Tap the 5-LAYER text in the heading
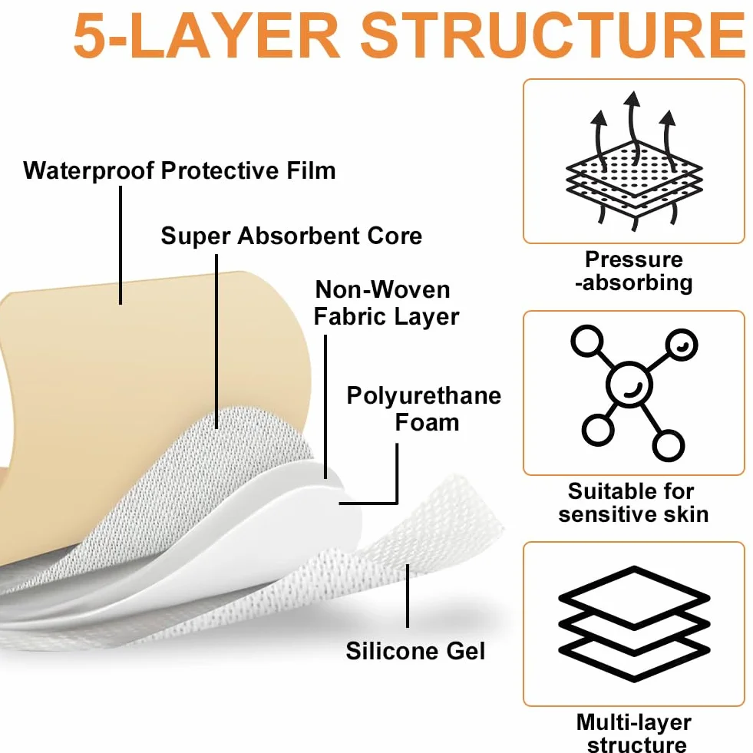206,35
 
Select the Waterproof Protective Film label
180,170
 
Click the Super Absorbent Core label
292,236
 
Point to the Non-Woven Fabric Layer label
386,303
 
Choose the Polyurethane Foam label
424,409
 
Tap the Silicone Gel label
415,651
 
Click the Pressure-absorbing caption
634,271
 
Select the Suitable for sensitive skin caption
633,503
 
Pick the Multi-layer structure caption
634,732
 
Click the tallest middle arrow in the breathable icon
632,127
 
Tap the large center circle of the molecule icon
629,385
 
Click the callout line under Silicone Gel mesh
408,596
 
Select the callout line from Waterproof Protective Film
121,245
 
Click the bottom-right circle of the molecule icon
668,445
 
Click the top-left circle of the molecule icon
587,341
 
